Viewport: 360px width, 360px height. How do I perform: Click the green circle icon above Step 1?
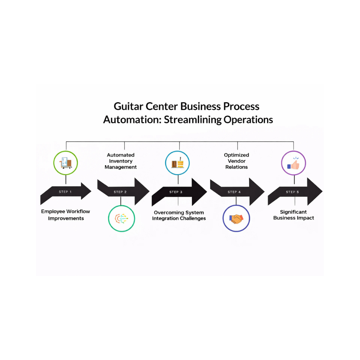(65, 163)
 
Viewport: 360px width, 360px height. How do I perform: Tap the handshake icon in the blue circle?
(236, 219)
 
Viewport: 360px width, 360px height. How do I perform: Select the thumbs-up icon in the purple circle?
(294, 163)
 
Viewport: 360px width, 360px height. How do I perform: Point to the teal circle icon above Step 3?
(178, 163)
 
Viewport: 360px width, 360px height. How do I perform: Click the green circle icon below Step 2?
(121, 219)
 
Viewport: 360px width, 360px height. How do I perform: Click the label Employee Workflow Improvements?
(66, 215)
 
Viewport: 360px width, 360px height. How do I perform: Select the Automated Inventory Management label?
(121, 161)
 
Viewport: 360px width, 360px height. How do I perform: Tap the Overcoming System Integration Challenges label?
(179, 216)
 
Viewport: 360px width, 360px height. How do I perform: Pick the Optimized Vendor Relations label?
(237, 161)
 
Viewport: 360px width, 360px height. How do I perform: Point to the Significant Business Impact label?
(294, 215)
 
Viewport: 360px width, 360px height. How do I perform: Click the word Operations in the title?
(248, 120)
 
